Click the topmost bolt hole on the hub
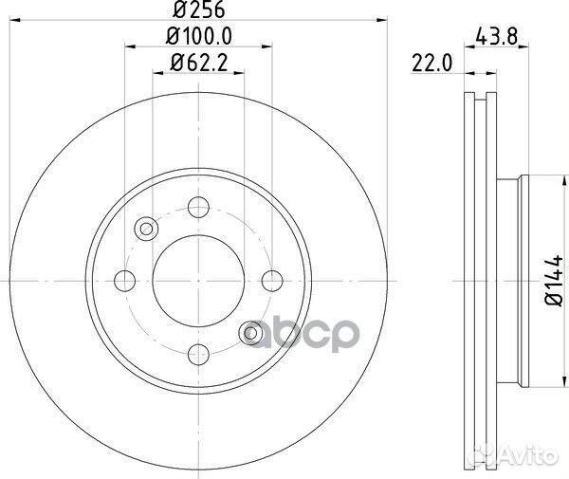198,208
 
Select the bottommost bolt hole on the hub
198,355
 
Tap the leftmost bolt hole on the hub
124,281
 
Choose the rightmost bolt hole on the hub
272,281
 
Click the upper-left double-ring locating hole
146,229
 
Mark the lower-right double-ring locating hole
250,333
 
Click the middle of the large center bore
198,281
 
